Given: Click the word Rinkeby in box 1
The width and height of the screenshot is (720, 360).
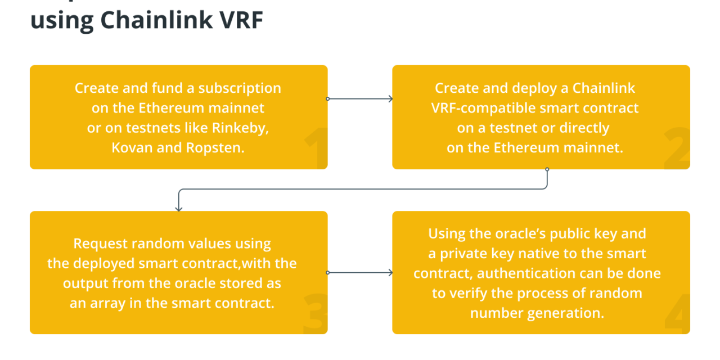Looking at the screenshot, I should coord(241,128).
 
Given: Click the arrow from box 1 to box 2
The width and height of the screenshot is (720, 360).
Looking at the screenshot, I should coord(360,99).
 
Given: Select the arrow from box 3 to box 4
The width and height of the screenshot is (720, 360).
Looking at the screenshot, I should coord(360,273).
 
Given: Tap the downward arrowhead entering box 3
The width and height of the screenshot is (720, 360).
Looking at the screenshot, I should coord(179,208).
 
